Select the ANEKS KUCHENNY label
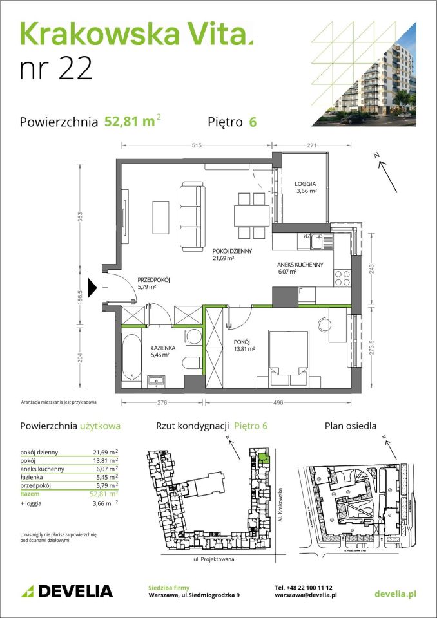click(x=296, y=265)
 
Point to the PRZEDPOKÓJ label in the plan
click(x=153, y=280)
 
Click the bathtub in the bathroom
click(x=131, y=357)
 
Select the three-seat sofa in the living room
click(x=191, y=216)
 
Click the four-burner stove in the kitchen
click(x=342, y=277)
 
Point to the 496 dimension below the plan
click(x=277, y=403)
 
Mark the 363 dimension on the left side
click(x=80, y=216)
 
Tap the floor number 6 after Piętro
click(x=253, y=122)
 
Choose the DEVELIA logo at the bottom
click(x=67, y=591)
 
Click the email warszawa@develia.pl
click(x=306, y=596)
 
